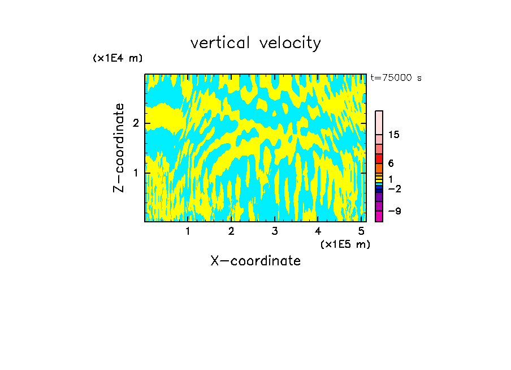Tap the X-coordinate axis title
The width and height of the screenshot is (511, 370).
[x=255, y=261]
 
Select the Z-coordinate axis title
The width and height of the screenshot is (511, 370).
[x=119, y=148]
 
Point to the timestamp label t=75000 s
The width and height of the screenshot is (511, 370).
[x=396, y=78]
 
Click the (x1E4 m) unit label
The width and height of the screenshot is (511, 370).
[x=118, y=58]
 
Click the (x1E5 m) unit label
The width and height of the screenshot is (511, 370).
[x=345, y=244]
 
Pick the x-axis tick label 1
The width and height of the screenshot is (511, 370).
[x=188, y=231]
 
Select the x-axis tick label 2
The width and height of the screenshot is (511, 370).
[x=231, y=231]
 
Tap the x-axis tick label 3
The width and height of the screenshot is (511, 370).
[x=275, y=231]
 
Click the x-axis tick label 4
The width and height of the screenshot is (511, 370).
[x=318, y=231]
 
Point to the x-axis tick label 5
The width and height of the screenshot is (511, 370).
[x=361, y=231]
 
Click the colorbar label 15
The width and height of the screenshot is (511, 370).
[x=395, y=135]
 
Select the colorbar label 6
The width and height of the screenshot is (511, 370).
[x=391, y=164]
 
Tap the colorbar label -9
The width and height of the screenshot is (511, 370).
[x=395, y=211]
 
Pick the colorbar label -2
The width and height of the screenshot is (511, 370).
[x=395, y=188]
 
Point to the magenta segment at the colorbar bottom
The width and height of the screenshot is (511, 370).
[x=379, y=216]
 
